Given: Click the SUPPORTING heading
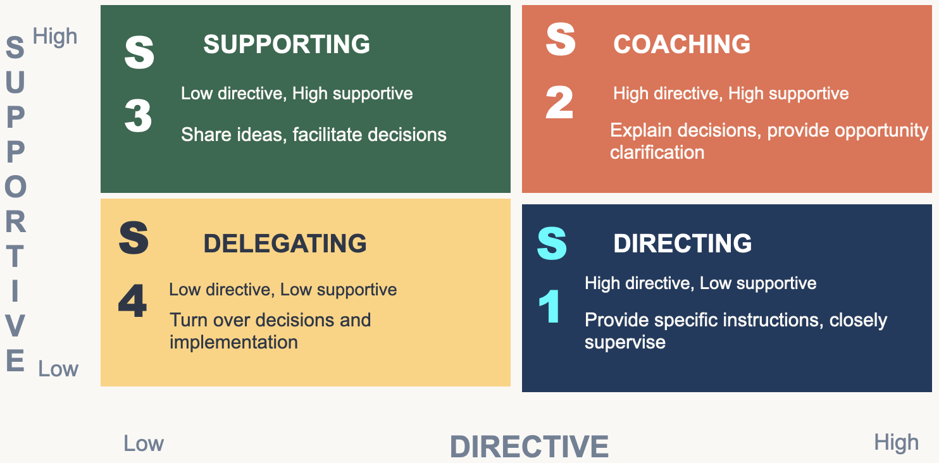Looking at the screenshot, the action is [287, 44].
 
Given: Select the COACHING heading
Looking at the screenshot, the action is [681, 44].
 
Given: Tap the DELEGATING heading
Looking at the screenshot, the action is [285, 244].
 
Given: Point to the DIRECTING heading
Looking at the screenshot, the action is [683, 244].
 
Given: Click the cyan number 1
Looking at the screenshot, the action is [549, 307].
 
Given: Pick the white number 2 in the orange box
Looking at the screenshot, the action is [559, 102].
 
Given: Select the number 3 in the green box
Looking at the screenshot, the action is [138, 116].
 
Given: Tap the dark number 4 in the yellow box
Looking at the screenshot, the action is [132, 301].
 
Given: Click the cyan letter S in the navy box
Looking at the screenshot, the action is [552, 244].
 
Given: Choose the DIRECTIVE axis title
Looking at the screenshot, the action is [529, 447].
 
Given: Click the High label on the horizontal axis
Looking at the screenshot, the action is [896, 442].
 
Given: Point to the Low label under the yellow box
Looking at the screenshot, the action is [144, 443].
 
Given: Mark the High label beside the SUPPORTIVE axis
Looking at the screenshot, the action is [55, 37].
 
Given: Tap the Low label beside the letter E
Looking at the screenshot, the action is [58, 369].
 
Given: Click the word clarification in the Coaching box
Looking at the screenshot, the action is [657, 152].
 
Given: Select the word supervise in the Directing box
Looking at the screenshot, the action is [625, 342].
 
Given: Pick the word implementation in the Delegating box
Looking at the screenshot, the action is [233, 342].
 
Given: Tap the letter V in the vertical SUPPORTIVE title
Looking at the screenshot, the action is [15, 327].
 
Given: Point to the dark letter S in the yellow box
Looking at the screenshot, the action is [134, 238].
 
